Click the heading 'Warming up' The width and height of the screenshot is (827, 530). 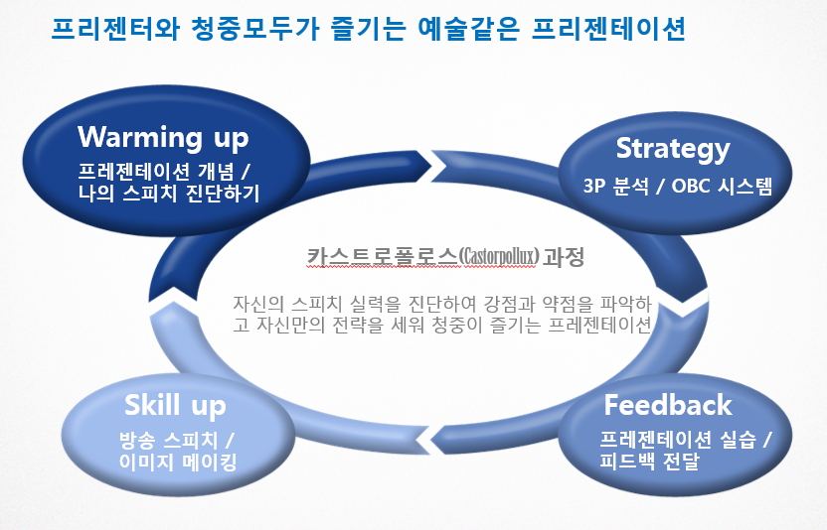163,137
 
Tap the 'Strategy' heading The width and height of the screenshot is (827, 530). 673,149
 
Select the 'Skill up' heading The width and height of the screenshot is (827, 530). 175,406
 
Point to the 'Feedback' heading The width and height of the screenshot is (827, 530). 668,405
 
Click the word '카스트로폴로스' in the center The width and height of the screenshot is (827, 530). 382,257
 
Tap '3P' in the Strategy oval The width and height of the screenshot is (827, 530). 593,186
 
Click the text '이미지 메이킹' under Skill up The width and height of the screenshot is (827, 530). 177,462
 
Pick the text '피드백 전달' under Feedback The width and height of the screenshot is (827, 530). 649,461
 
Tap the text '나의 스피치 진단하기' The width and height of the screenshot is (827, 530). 169,194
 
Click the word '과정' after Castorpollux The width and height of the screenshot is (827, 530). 564,257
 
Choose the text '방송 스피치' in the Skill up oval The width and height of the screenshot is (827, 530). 168,440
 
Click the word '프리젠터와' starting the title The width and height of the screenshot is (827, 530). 115,29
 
